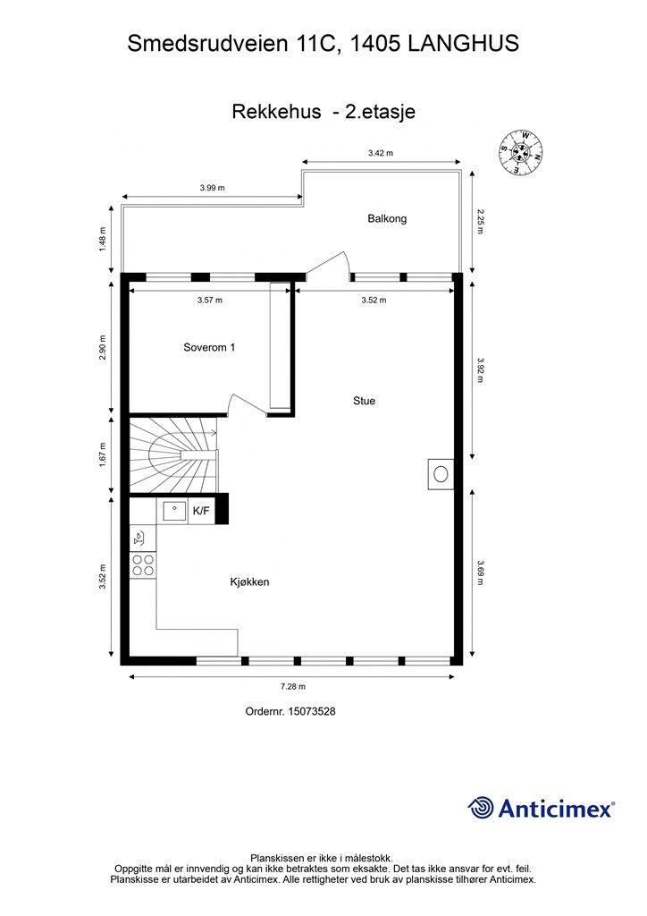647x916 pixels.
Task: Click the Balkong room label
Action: (387, 218)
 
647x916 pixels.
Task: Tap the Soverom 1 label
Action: (209, 348)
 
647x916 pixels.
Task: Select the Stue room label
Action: (364, 401)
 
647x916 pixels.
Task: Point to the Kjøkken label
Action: (249, 582)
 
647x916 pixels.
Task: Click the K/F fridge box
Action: (201, 511)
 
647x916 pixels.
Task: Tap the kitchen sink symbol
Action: (173, 512)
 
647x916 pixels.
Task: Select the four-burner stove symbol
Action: (143, 564)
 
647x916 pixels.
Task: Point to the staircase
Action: (173, 454)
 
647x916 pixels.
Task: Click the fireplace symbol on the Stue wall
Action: (441, 473)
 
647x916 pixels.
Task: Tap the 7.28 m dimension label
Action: (293, 687)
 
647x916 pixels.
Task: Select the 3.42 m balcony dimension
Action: (381, 154)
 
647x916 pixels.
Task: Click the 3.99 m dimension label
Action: (212, 188)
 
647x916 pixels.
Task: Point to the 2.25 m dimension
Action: (480, 221)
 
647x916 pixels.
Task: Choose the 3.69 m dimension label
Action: (480, 570)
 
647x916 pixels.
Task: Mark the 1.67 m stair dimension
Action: (103, 455)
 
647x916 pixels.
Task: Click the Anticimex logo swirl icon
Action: (481, 808)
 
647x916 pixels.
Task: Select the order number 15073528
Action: (290, 712)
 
